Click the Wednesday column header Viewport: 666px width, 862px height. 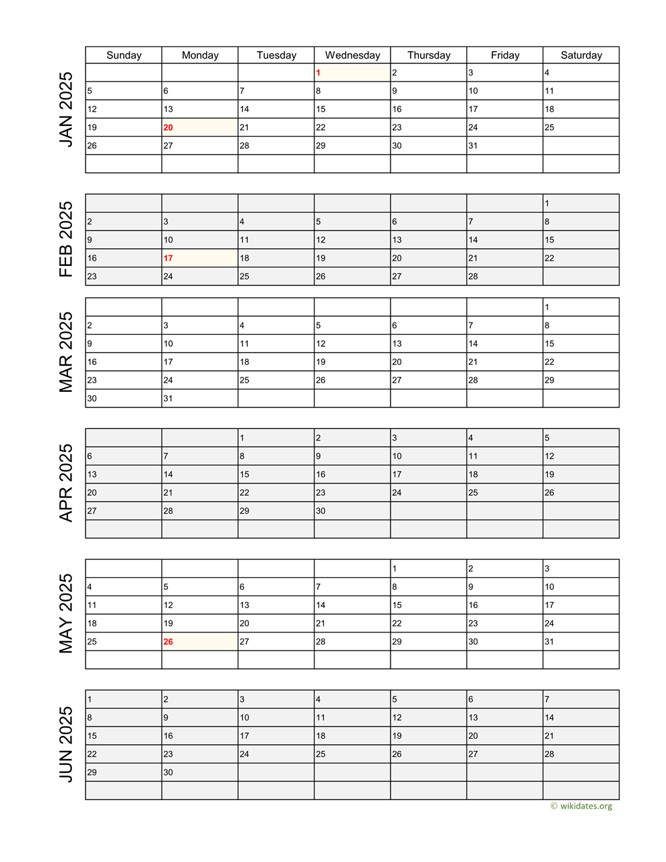coord(352,55)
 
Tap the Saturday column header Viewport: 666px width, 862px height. coord(581,55)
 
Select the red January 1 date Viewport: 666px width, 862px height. coord(319,73)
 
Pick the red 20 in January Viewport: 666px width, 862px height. coord(168,127)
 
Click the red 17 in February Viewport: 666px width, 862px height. coord(168,258)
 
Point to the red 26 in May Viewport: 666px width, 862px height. coord(168,642)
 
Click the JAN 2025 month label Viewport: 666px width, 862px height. coord(66,109)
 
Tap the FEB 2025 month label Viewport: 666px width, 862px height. coord(66,239)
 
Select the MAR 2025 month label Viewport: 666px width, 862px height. coord(66,352)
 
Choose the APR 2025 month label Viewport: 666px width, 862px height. coord(66,482)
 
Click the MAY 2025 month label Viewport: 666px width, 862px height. coord(66,614)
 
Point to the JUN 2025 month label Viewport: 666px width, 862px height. coord(66,744)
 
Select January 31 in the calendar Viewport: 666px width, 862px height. coord(473,145)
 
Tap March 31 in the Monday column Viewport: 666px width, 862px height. coord(168,399)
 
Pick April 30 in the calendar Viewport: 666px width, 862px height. coord(321,511)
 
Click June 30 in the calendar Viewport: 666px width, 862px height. coord(168,772)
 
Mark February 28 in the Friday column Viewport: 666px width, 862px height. coord(473,276)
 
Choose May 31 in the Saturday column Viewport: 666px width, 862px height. coord(550,642)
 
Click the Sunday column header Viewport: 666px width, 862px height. coord(124,55)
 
